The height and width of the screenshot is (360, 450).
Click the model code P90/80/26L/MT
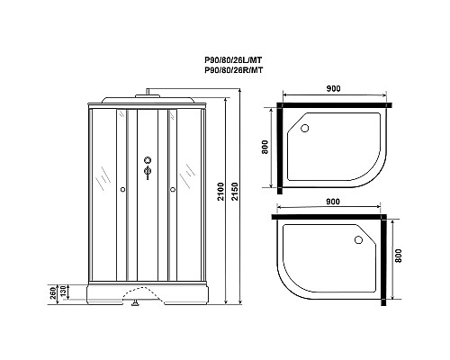point(232,61)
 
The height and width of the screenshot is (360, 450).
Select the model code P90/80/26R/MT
point(232,71)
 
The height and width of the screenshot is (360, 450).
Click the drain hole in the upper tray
point(304,128)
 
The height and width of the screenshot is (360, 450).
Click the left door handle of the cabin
point(121,189)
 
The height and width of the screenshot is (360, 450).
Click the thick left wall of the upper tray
point(283,147)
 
